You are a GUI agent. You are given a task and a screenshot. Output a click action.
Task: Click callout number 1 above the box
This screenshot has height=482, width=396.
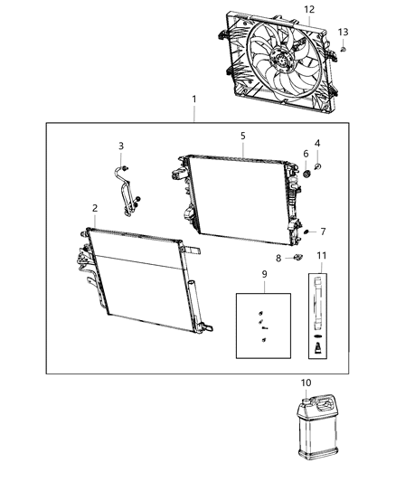(x=193, y=99)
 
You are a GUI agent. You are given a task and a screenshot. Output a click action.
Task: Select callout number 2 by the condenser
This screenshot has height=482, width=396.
(x=94, y=209)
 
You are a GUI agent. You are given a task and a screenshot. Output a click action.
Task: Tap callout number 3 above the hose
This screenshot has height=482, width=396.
(x=120, y=145)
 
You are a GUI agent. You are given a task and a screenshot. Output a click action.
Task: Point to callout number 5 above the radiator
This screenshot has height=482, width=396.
(x=242, y=136)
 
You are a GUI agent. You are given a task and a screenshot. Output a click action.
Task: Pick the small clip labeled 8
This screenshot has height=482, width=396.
(x=297, y=260)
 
